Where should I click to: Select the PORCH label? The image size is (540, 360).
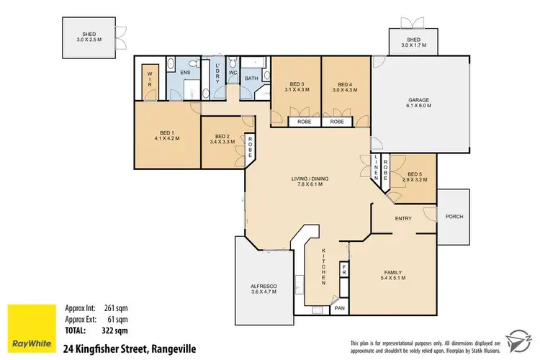[454, 216]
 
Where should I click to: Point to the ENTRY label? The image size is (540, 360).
[403, 217]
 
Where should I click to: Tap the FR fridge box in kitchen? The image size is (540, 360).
[344, 271]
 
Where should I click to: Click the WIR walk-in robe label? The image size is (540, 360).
[150, 78]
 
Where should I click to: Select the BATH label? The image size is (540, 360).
[251, 78]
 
